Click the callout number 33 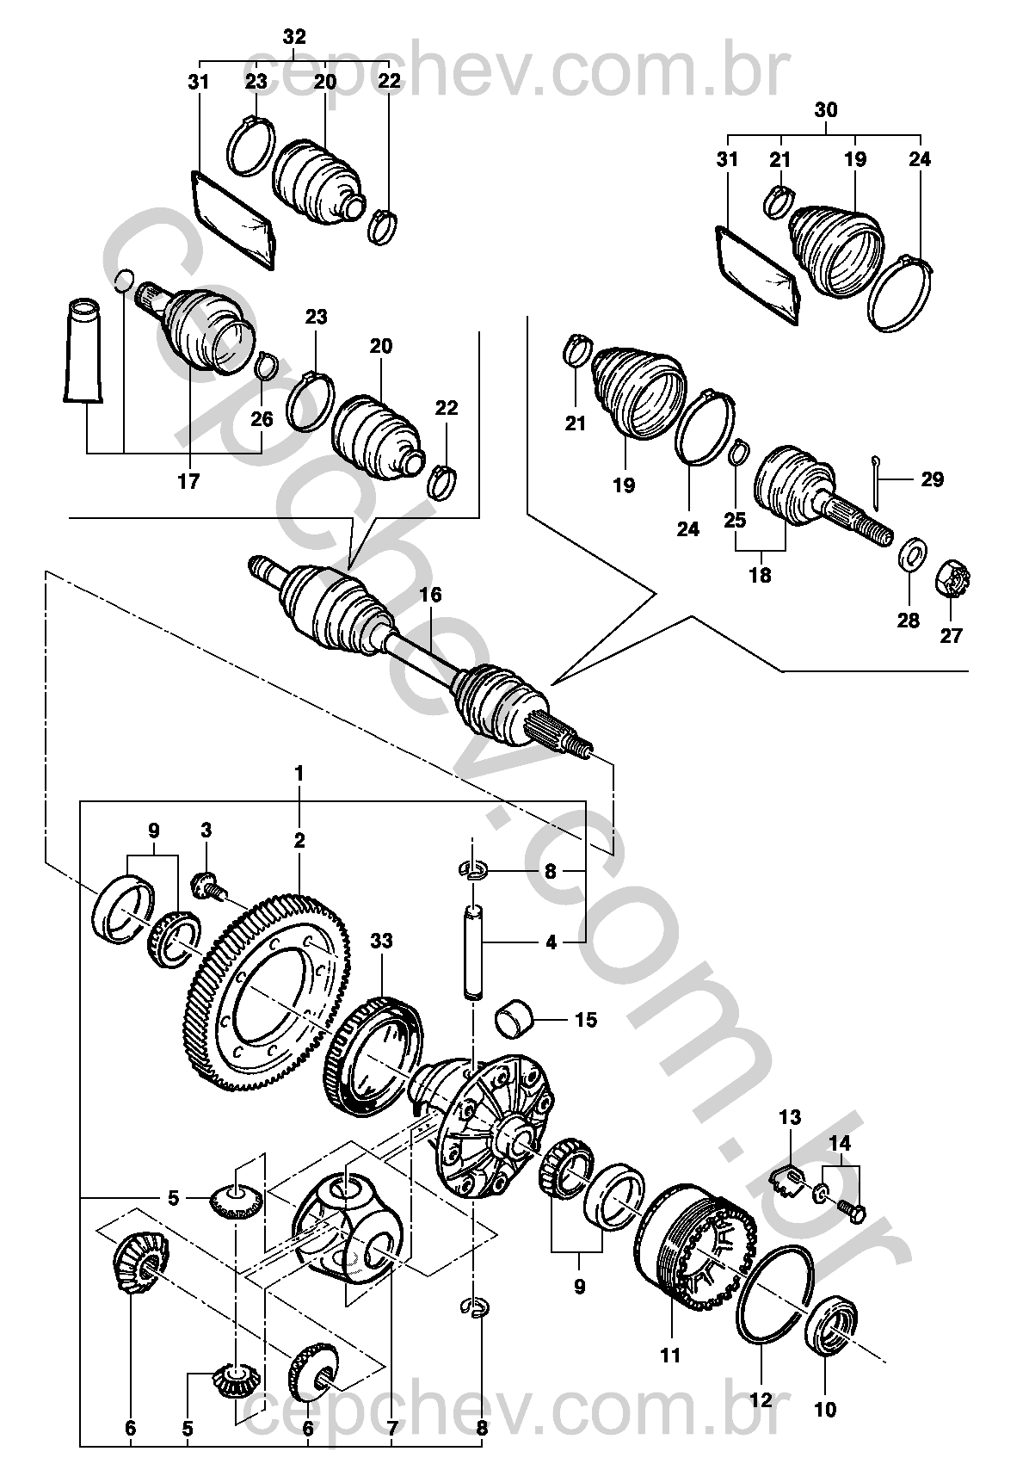pos(381,941)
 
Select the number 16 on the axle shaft pos(431,595)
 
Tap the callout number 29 pos(932,479)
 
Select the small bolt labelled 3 pos(208,888)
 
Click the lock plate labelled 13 pos(788,1178)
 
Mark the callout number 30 pos(826,109)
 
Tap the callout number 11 pos(669,1354)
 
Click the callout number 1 pos(299,774)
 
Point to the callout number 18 pos(760,575)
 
